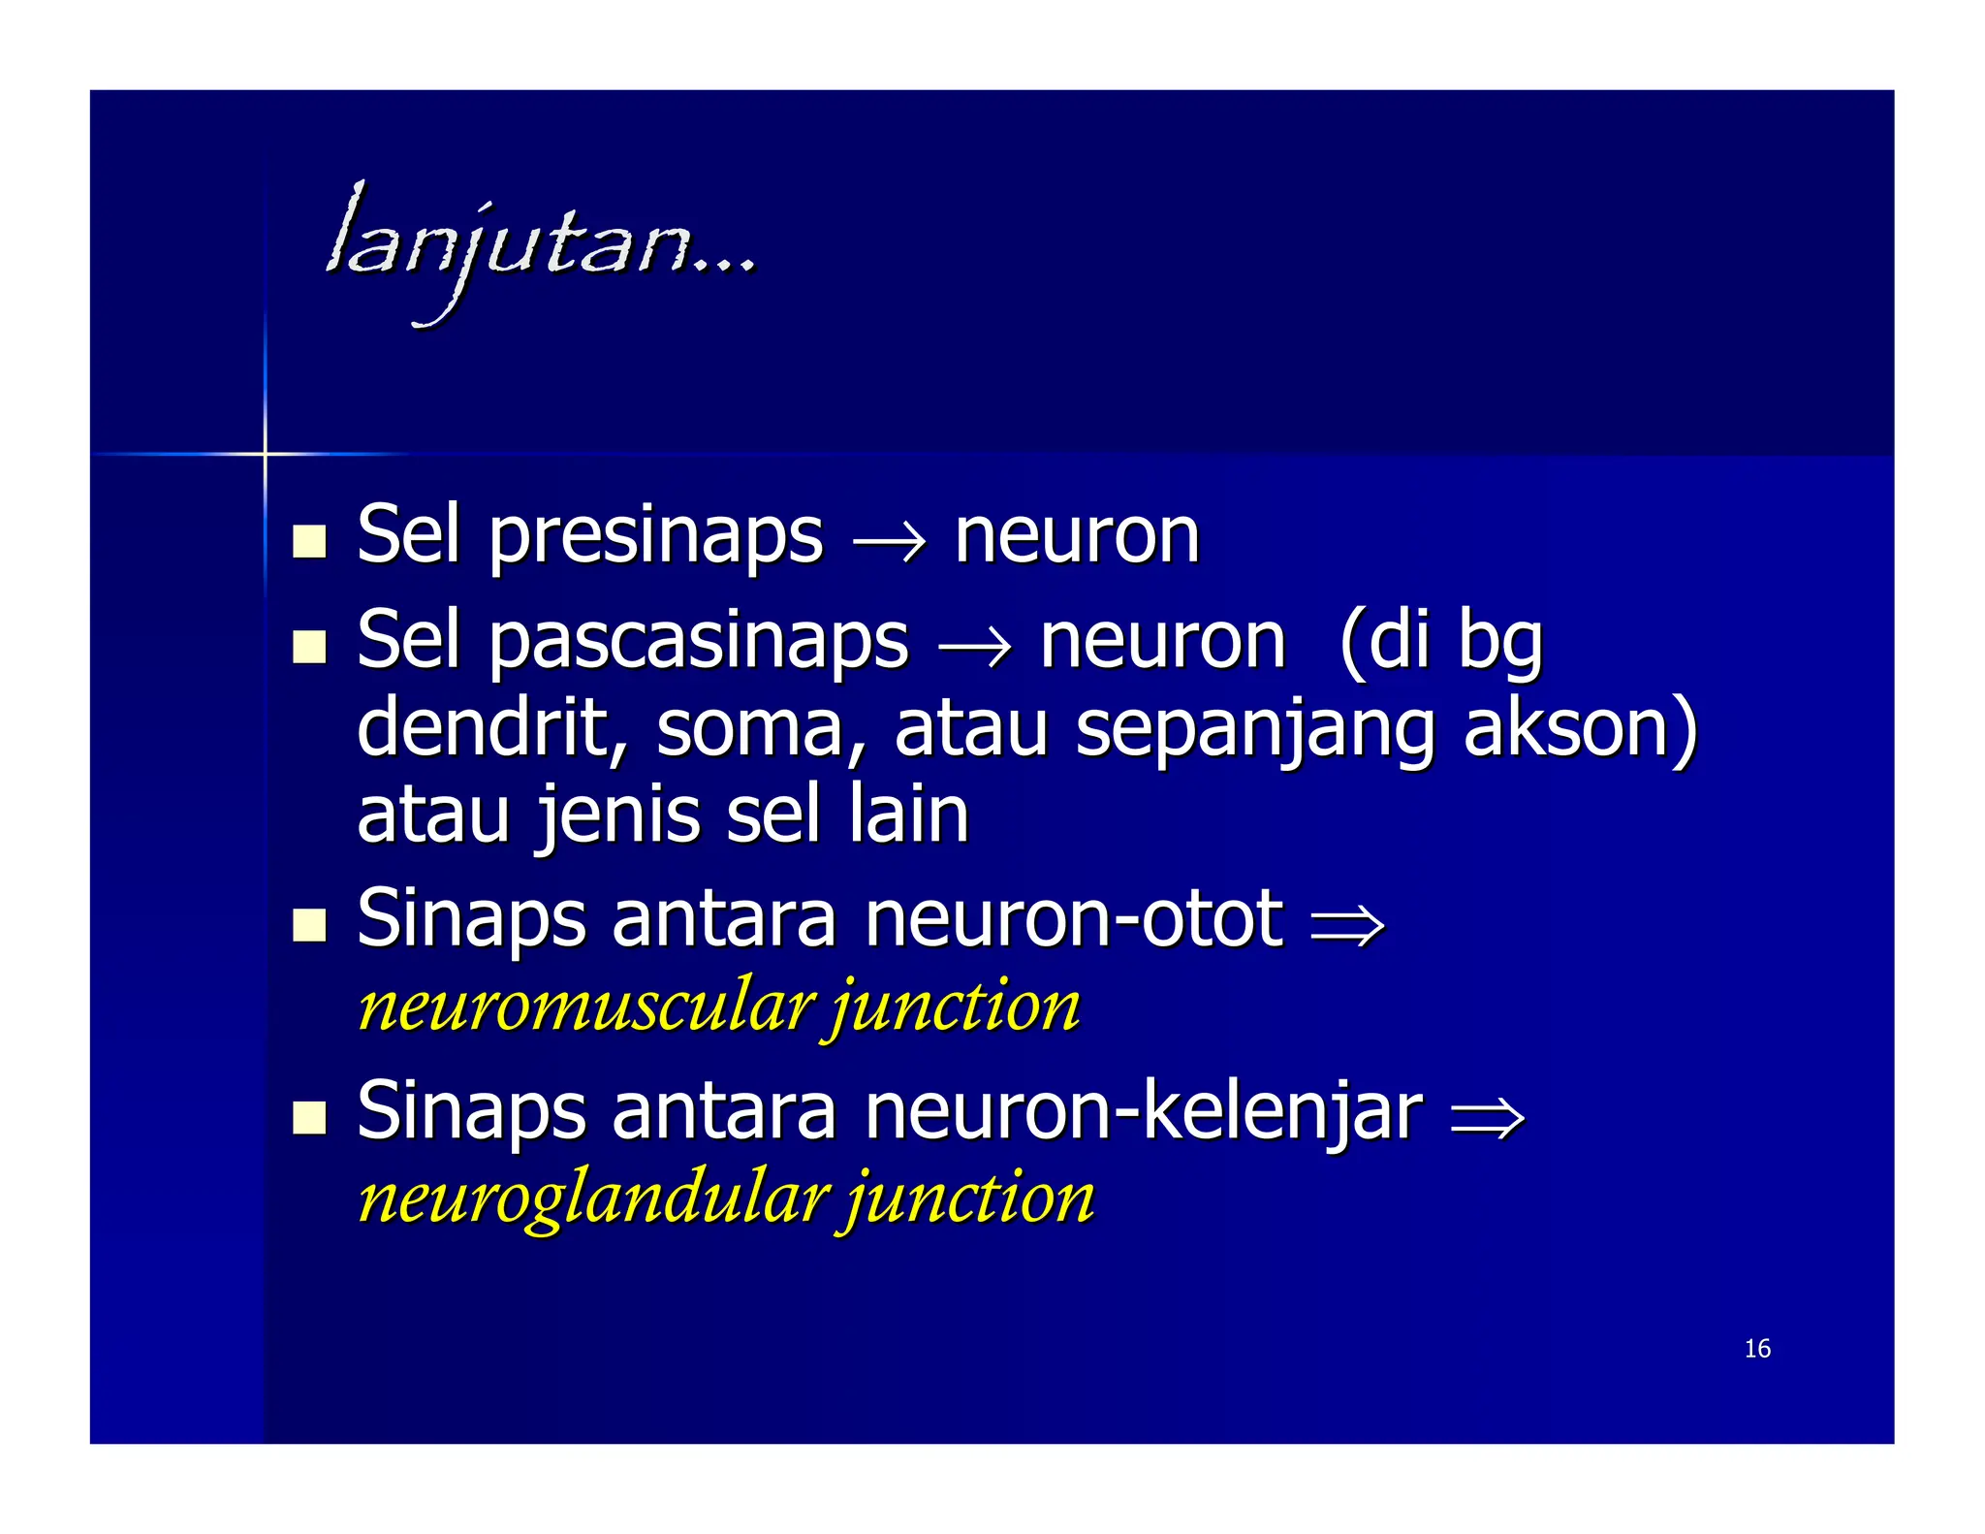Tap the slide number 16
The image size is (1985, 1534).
[x=1756, y=1349]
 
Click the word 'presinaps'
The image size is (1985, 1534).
[x=656, y=536]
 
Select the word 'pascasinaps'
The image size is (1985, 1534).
[x=699, y=642]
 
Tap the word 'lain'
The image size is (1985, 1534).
[x=909, y=815]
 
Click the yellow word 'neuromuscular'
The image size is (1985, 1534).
[x=584, y=1007]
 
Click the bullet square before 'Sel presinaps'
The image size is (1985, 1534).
[x=309, y=541]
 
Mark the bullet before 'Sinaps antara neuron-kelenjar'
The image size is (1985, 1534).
[x=309, y=1117]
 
